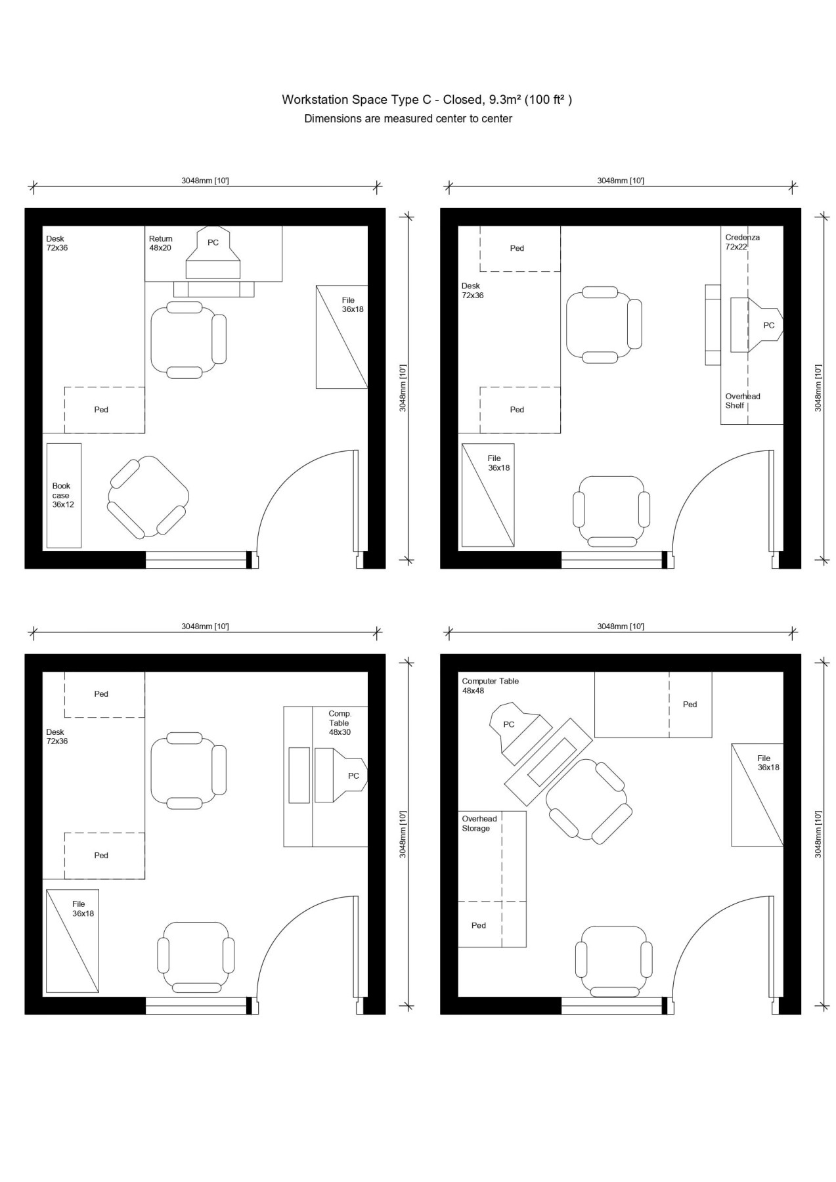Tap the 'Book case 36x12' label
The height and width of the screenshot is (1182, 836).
click(63, 495)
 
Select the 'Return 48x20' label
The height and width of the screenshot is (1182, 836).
click(161, 244)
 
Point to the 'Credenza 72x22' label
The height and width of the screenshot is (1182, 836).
click(742, 242)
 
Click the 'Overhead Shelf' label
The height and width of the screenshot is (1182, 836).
click(743, 401)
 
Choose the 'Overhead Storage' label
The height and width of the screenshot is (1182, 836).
click(479, 823)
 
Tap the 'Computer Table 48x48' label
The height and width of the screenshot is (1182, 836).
click(490, 686)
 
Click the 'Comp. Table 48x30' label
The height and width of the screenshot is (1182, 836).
click(340, 722)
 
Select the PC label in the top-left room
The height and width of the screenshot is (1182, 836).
click(213, 242)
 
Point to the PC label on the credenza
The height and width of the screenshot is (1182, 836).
click(769, 325)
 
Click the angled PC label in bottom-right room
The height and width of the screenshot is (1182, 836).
click(509, 724)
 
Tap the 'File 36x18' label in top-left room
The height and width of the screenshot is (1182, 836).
click(352, 305)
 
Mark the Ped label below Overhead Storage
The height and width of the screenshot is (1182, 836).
click(479, 925)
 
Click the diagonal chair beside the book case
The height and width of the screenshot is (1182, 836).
click(148, 497)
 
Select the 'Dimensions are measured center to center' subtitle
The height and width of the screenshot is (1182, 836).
click(408, 119)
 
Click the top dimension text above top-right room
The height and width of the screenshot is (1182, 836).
click(620, 180)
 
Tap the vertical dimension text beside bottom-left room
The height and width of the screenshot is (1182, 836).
click(403, 834)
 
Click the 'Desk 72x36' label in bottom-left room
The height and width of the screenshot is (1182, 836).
click(57, 736)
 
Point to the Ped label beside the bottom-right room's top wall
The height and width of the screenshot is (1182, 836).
click(690, 704)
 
